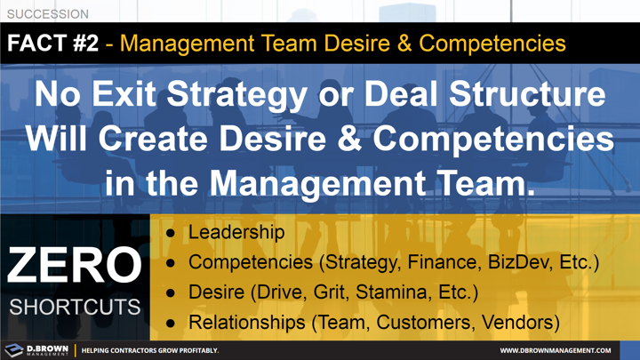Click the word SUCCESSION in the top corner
[48, 14]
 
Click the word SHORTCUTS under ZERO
[75, 307]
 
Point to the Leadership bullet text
[236, 233]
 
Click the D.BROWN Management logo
[36, 350]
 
